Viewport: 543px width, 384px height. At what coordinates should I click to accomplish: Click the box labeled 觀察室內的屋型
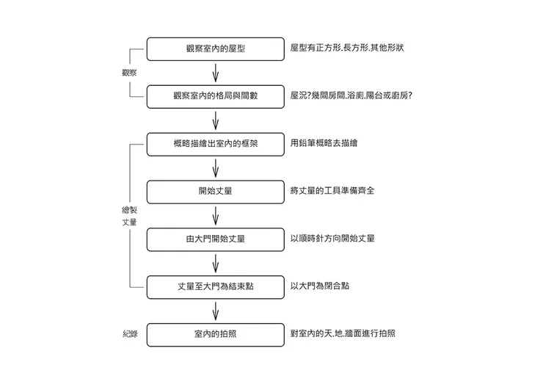(215, 49)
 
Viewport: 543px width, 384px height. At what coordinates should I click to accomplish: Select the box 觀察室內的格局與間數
(215, 96)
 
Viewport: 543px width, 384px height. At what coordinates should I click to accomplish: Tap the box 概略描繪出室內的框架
(215, 144)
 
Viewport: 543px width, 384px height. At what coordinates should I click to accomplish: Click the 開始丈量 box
(215, 192)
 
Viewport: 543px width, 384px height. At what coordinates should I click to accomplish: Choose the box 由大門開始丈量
(215, 239)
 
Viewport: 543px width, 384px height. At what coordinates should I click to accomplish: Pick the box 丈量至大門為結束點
(215, 286)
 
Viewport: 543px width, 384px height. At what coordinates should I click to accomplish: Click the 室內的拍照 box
(215, 334)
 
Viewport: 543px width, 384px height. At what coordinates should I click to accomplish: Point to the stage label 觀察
(129, 73)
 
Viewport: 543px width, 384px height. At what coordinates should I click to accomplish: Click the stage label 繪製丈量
(129, 215)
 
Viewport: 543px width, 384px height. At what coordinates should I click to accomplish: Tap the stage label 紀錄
(129, 334)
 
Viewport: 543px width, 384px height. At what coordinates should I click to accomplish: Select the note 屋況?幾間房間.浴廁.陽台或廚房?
(351, 95)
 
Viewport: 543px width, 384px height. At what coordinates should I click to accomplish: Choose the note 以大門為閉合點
(319, 286)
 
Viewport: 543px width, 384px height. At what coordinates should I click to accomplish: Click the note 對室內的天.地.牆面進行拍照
(343, 333)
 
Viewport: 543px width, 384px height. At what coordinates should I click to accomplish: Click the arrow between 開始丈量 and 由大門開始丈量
(215, 216)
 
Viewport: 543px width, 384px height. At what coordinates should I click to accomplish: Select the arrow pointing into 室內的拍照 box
(215, 311)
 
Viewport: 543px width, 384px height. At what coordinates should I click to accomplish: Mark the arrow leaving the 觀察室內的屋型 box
(215, 73)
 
